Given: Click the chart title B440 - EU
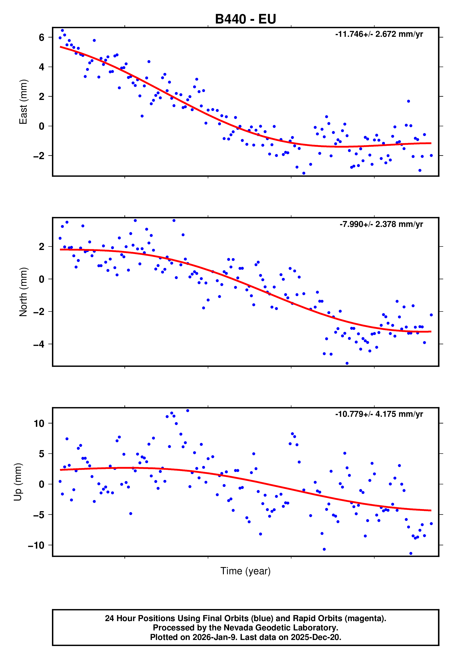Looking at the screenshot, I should tap(246, 19).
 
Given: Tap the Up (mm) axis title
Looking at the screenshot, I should tap(18, 482).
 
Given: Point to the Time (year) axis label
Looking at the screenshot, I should tap(246, 571).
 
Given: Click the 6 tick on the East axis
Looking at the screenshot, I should tap(42, 38).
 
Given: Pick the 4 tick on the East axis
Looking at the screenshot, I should tap(42, 67).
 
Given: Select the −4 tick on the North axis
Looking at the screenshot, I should tap(39, 344).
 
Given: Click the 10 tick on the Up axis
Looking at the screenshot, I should tap(39, 424).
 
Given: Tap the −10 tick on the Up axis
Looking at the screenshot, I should tap(36, 545).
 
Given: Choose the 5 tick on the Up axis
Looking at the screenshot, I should tap(42, 454).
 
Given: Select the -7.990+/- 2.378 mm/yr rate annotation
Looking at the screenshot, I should tap(381, 224).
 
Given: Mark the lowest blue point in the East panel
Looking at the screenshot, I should tap(304, 173).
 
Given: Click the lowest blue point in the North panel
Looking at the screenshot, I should tap(347, 363).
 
